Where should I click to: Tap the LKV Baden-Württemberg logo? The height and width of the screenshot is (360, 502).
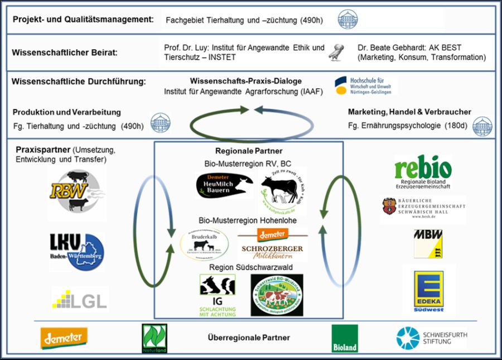pos(76,252)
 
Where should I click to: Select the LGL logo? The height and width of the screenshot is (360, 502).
pos(79,299)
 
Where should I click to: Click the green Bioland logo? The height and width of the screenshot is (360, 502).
pos(345,338)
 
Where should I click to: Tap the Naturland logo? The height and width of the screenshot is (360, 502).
pos(155,338)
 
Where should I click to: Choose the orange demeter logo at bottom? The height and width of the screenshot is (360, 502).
pos(64,338)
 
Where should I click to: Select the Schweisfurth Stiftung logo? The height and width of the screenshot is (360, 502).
pos(432,338)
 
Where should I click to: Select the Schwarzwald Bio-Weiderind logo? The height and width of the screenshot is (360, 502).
pos(277,295)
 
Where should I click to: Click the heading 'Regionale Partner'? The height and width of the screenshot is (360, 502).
pos(249,151)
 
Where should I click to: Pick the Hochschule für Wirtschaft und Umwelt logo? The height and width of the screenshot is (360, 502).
pos(366,85)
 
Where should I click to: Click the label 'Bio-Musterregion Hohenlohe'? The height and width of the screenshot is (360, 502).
pos(249,220)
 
